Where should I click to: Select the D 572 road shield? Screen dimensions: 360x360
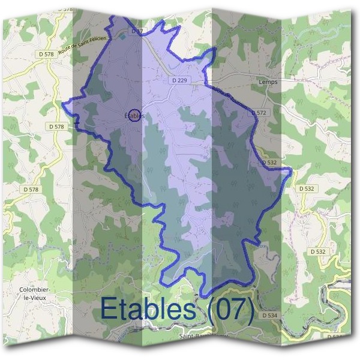pos(259,112)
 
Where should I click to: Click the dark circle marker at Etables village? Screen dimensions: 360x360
pos(135,115)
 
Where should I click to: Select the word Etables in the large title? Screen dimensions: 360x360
pos(149,309)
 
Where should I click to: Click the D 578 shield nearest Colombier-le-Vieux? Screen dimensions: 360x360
pos(31,189)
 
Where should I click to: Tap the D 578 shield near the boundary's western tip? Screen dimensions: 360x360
pos(56,127)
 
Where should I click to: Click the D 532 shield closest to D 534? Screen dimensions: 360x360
pos(317,251)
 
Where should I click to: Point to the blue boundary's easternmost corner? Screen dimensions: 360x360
pos(292,170)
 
